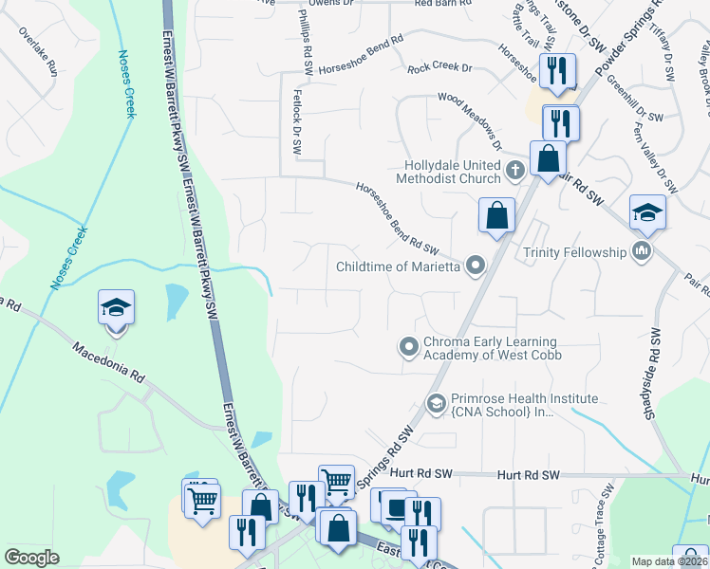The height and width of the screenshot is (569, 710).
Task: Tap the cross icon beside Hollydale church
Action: pos(514,172)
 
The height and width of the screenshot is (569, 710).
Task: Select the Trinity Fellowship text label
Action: pos(575,252)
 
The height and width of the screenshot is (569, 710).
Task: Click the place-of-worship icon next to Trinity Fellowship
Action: pos(642,251)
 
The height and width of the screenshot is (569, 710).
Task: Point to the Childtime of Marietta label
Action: pos(398,266)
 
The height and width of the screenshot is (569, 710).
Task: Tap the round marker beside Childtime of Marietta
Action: pos(476,266)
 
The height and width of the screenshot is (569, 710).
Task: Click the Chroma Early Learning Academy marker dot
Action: pos(409,347)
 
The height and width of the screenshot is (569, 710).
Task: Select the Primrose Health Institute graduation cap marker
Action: pos(437,404)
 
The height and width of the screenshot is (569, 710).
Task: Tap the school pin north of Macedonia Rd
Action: pos(116,310)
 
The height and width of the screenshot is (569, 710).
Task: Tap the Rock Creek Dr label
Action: pos(439,68)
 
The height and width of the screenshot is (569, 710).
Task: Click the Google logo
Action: pos(31,558)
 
